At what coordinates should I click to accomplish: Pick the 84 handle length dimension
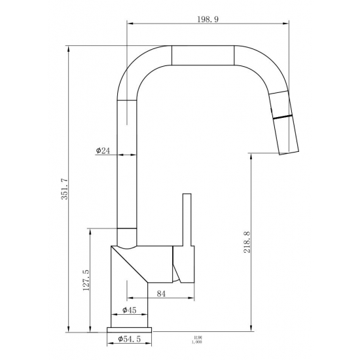tap(161, 294)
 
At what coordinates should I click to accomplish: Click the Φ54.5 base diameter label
tap(130, 338)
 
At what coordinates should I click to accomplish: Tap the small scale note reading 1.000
tap(196, 341)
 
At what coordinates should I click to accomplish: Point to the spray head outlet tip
tap(291, 151)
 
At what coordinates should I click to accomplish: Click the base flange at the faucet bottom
tap(130, 329)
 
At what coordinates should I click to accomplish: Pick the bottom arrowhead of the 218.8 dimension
tap(251, 329)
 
